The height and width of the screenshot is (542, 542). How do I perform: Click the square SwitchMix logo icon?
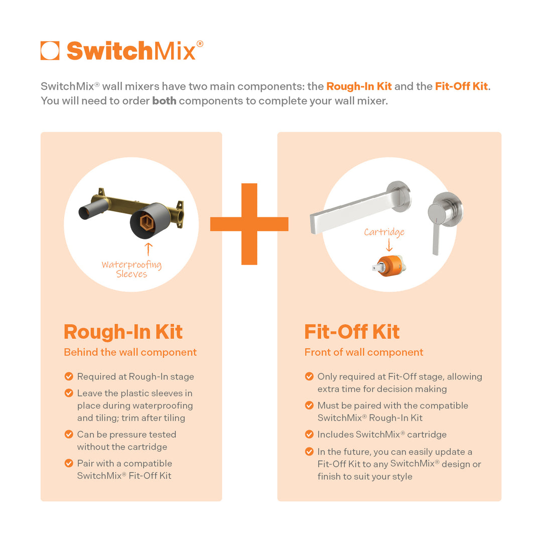(50, 51)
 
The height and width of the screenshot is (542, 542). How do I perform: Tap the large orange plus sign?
(249, 224)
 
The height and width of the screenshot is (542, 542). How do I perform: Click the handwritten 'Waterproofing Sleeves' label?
(131, 269)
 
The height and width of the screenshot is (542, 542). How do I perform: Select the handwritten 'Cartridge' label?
(384, 232)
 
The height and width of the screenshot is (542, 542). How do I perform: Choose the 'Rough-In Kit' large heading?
(123, 332)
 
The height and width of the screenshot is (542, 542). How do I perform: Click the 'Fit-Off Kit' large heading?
(352, 332)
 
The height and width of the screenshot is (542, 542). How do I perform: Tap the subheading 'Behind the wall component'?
(130, 352)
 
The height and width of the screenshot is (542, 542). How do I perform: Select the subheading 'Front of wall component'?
(364, 352)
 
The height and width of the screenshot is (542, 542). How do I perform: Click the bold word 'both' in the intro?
(164, 100)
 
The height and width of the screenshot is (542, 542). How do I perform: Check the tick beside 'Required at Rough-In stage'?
(69, 376)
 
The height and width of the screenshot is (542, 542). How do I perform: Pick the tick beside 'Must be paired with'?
(309, 405)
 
